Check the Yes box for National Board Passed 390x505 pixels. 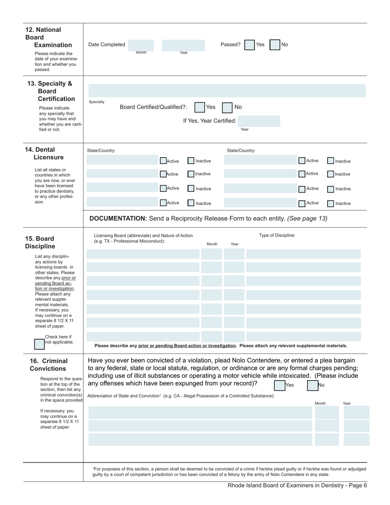249,45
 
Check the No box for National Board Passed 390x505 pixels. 275,45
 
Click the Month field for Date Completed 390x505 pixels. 141,45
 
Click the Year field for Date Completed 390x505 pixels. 183,45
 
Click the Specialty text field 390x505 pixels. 227,91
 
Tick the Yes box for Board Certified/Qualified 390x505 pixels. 200,108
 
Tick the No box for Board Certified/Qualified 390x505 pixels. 227,108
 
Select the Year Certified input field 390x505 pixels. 259,121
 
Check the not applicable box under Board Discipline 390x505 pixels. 39,344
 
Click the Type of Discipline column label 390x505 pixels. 277,235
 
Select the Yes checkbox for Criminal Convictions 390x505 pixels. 279,385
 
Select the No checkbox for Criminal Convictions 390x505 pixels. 312,385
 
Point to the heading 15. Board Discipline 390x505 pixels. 40,242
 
